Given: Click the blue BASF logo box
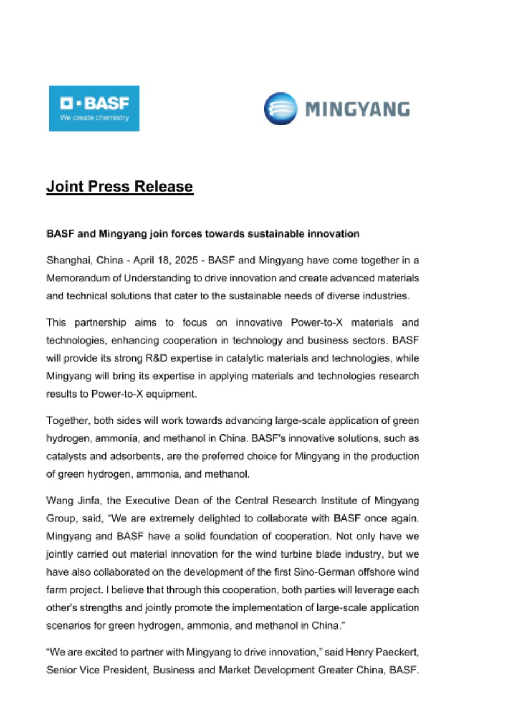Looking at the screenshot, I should [94, 108].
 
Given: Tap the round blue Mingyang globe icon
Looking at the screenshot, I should [280, 108].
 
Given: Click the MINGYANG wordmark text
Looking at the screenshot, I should [357, 109].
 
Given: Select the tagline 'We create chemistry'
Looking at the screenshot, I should [95, 118].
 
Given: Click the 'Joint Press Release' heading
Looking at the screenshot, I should [120, 187].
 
